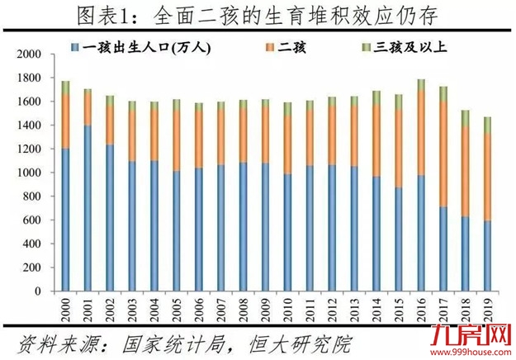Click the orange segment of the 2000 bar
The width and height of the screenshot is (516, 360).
pos(65,121)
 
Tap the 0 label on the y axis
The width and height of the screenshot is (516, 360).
pos(37,292)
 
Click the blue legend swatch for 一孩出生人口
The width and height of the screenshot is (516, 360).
pos(76,49)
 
